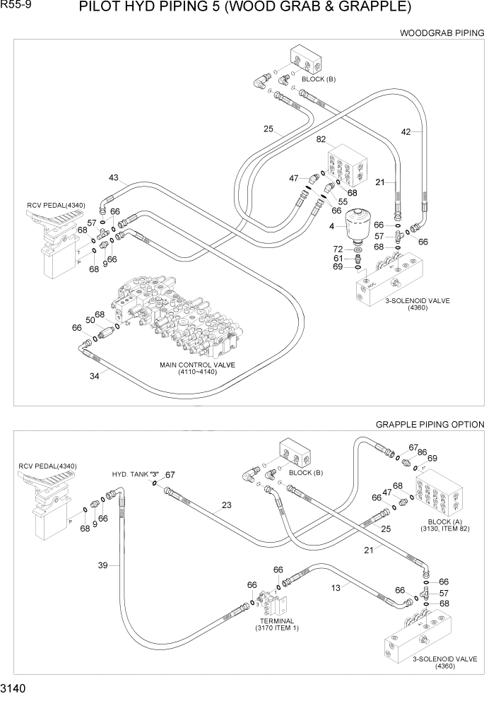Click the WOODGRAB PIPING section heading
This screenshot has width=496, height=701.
pos(442,33)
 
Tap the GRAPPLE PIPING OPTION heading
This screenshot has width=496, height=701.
pos(430,425)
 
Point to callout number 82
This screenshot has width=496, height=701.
pos(321,141)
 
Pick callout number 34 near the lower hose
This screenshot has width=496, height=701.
pos(94,376)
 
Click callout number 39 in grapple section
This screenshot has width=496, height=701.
pos(103,565)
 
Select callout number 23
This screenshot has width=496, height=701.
pos(226,505)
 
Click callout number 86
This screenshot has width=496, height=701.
pos(422,452)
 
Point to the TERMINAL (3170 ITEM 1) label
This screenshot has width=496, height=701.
pos(276,624)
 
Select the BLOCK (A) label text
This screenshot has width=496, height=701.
pos(439,522)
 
